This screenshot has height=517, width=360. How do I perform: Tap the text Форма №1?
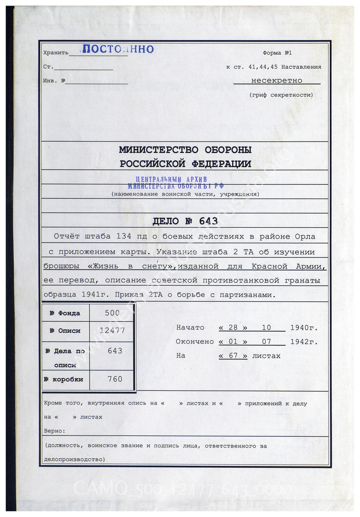coord(277,53)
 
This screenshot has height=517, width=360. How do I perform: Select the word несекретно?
coord(276,80)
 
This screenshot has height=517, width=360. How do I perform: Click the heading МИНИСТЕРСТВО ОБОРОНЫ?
coord(185,150)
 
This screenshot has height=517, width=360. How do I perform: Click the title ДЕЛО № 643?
coord(185,221)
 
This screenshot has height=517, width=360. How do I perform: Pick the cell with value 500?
coord(112,313)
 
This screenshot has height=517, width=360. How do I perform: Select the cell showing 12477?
coord(112,330)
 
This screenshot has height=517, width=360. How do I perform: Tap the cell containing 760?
coord(115,379)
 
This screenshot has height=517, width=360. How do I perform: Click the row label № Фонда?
coord(65,313)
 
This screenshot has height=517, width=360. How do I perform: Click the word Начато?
coord(190,327)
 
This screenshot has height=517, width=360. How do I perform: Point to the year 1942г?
coord(304,342)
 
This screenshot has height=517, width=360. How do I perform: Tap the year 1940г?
coord(304,328)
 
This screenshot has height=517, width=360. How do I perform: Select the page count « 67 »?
coord(233,356)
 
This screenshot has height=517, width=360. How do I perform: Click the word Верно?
coord(55,431)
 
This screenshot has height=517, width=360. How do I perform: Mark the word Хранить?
coord(56,53)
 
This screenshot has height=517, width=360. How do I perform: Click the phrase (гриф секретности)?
coord(281,95)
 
